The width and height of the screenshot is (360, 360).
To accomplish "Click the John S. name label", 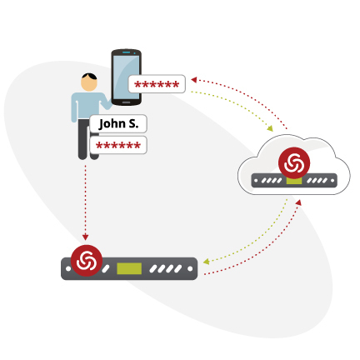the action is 118,123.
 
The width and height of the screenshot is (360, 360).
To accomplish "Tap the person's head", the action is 89,82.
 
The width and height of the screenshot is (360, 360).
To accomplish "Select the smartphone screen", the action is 127,77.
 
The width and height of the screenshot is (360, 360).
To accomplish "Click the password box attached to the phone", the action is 157,84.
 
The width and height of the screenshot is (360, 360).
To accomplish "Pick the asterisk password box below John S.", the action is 118,145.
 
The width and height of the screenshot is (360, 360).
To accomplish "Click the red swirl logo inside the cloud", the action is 294,163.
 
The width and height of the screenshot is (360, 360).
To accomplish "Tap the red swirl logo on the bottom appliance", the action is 87,261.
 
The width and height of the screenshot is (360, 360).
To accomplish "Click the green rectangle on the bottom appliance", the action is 129,268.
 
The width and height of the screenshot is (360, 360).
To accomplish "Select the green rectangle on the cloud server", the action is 294,181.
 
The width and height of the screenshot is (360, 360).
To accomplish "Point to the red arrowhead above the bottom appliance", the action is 85,237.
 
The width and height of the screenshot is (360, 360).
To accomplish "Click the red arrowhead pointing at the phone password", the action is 194,80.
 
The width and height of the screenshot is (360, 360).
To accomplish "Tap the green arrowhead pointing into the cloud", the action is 270,128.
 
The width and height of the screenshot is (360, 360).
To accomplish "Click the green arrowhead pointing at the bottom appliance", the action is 206,262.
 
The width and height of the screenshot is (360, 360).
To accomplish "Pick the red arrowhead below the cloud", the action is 298,202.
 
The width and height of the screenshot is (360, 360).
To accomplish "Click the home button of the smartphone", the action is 126,102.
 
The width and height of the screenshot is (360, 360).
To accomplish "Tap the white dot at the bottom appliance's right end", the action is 190,268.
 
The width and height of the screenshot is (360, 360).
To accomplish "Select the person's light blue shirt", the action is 87,107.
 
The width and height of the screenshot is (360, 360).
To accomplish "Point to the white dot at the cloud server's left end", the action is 256,181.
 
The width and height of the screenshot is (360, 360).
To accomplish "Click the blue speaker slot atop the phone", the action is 127,52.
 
